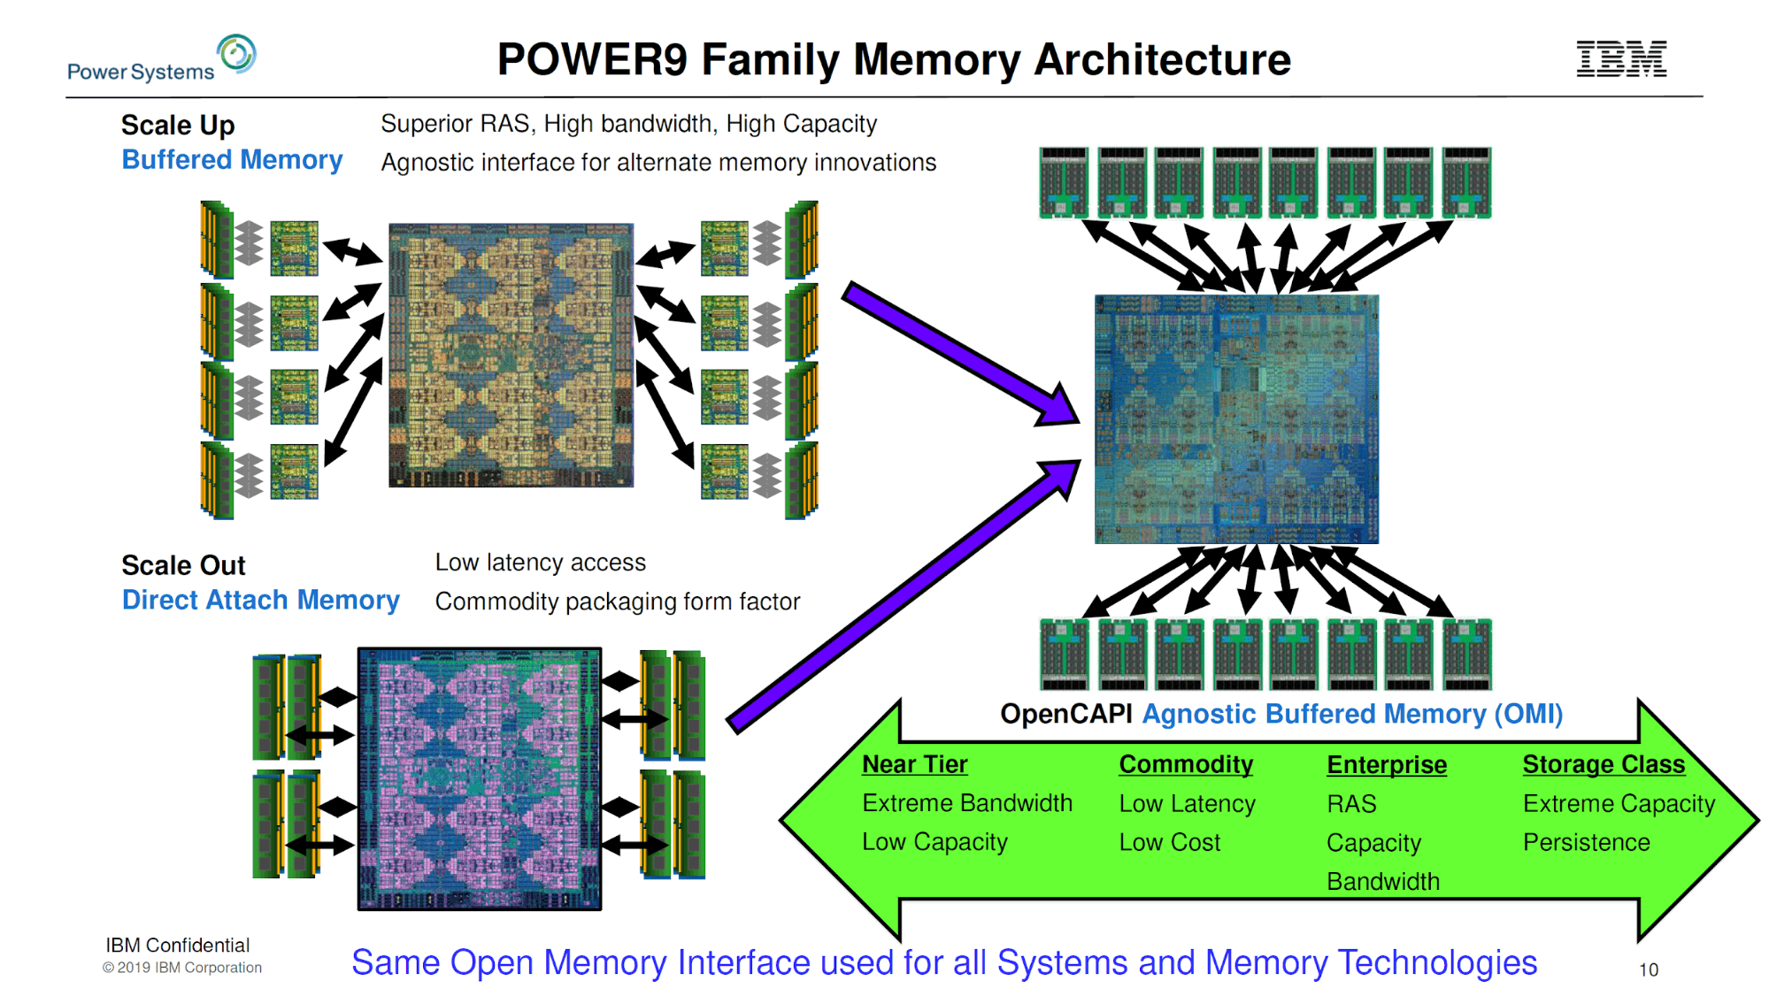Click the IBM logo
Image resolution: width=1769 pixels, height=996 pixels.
(1621, 58)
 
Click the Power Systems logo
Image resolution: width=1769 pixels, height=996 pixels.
(162, 59)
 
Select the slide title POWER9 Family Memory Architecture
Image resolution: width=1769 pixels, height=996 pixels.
(894, 60)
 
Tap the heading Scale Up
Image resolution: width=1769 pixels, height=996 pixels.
(178, 126)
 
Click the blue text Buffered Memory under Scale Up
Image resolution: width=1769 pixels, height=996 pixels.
(232, 160)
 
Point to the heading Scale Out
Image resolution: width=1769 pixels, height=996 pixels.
(183, 565)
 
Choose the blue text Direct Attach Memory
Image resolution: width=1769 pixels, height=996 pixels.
(260, 601)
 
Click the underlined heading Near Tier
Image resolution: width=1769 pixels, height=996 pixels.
(914, 764)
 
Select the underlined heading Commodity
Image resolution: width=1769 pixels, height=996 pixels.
(1186, 764)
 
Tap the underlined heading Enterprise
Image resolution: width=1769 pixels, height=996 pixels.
(1386, 765)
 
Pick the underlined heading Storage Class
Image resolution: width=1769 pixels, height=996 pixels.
(1604, 764)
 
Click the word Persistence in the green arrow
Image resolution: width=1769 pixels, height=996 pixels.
(1586, 842)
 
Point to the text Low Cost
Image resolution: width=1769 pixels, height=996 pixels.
(1169, 842)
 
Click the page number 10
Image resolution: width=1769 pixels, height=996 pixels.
(1648, 969)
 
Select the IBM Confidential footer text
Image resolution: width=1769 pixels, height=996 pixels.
(178, 946)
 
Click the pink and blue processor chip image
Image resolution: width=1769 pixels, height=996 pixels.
(480, 779)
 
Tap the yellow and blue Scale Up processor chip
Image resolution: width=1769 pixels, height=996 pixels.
(511, 356)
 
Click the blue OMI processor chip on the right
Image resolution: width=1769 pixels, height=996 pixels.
(1236, 419)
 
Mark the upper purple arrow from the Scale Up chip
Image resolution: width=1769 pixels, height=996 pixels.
(960, 354)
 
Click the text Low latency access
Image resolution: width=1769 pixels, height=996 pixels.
(540, 563)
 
